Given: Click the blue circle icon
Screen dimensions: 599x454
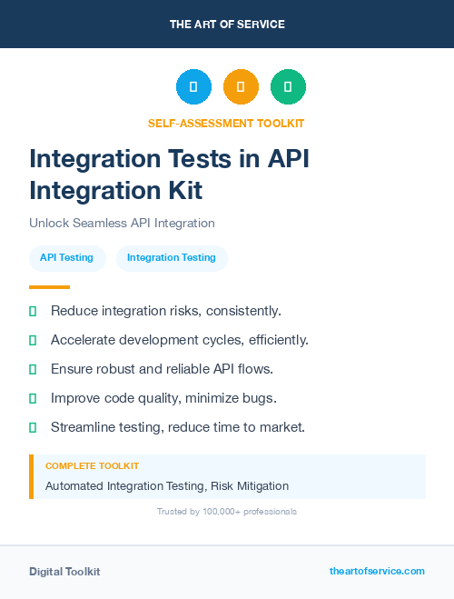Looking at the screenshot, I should click(x=193, y=86).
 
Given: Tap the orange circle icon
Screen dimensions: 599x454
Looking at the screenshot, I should click(x=241, y=86).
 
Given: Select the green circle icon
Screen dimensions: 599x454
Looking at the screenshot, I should click(x=288, y=86).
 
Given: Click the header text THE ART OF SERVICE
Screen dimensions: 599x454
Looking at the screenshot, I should click(x=227, y=25).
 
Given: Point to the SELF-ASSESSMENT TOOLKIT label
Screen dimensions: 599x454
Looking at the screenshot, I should click(x=226, y=123).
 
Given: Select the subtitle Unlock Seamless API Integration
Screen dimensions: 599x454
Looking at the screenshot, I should click(x=122, y=223).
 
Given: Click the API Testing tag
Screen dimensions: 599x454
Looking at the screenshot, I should click(x=66, y=257).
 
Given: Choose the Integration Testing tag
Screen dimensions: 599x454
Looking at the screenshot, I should click(x=172, y=257).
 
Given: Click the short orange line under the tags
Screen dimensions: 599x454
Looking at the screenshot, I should click(x=49, y=287).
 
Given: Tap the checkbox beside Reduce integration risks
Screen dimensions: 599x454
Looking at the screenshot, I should click(x=33, y=311).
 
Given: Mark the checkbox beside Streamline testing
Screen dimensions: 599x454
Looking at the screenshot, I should click(x=33, y=427).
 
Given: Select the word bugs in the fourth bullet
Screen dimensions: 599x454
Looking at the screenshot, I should click(x=257, y=398).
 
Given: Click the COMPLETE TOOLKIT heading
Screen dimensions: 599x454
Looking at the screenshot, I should click(x=92, y=465).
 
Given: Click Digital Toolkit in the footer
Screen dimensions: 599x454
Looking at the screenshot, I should click(x=64, y=572).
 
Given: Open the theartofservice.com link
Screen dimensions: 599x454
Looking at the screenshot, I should click(x=377, y=571).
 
